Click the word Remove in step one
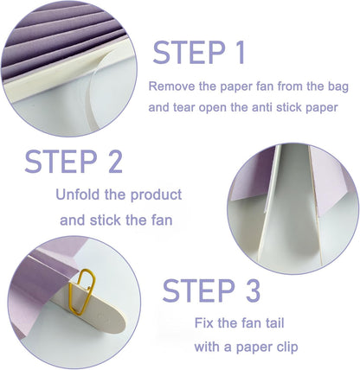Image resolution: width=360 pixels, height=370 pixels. coord(171,87)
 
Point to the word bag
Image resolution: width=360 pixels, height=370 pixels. coord(331,87)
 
